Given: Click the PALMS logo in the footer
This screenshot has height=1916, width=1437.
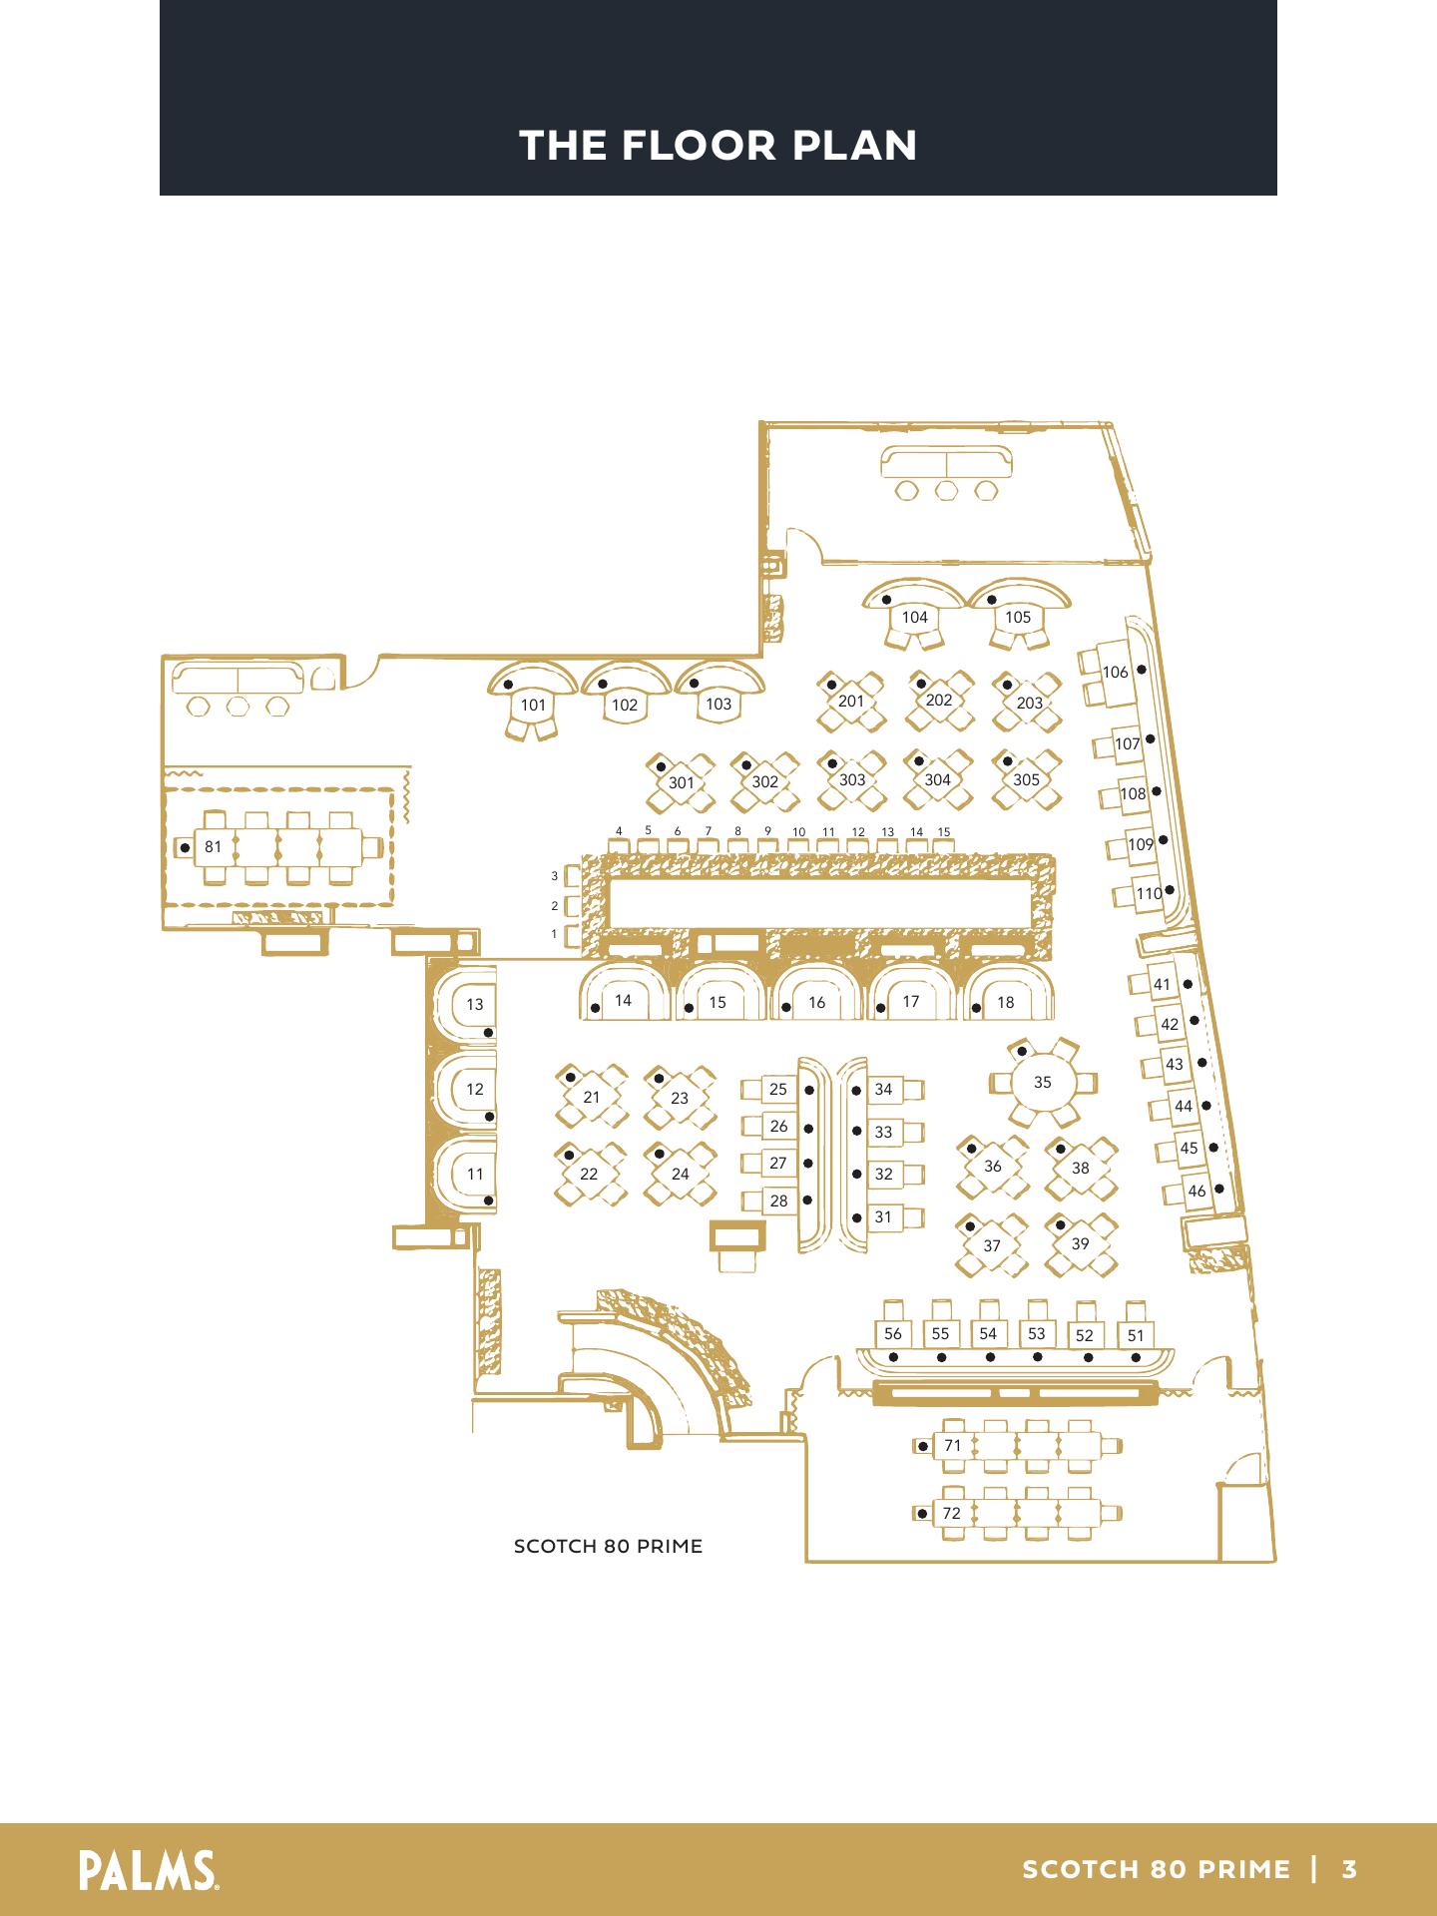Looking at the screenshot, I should (x=151, y=1868).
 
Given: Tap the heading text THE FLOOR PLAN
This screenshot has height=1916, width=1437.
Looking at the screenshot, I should (x=718, y=146).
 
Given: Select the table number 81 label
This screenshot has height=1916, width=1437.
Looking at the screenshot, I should (x=213, y=847).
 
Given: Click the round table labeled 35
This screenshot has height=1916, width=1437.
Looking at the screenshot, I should (x=1042, y=1083).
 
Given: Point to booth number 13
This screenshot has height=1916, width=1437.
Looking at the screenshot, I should (x=475, y=1004).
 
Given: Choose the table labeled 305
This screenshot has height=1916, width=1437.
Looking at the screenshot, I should (x=1026, y=780).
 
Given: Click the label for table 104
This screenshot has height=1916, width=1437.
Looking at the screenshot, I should (x=914, y=618).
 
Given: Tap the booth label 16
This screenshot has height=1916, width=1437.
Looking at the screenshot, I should (x=817, y=1003).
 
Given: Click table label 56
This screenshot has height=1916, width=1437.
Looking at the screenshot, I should (x=893, y=1333).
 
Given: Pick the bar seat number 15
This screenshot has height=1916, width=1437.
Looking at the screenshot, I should (x=944, y=831).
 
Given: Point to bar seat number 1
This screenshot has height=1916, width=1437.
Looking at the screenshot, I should (x=555, y=935).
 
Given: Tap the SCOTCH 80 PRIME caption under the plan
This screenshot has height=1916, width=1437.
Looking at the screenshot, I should (x=608, y=1547).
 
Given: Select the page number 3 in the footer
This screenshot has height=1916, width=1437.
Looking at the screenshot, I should (x=1349, y=1869).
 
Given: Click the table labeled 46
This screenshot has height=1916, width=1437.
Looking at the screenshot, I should (x=1197, y=1191).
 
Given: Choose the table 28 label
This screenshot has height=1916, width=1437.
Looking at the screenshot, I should (x=778, y=1201).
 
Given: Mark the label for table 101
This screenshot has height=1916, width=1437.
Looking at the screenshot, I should (x=534, y=705).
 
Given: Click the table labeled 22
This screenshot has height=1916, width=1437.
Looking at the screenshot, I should (x=589, y=1175).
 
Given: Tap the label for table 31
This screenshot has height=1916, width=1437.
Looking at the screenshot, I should (x=883, y=1217).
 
